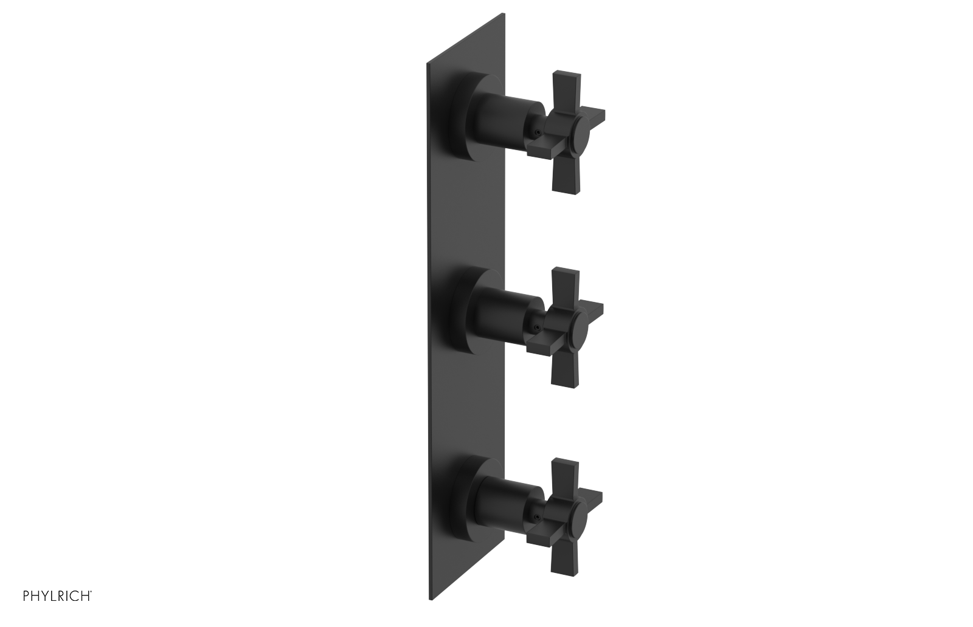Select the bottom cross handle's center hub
click(x=580, y=515)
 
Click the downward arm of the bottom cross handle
click(x=561, y=554)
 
